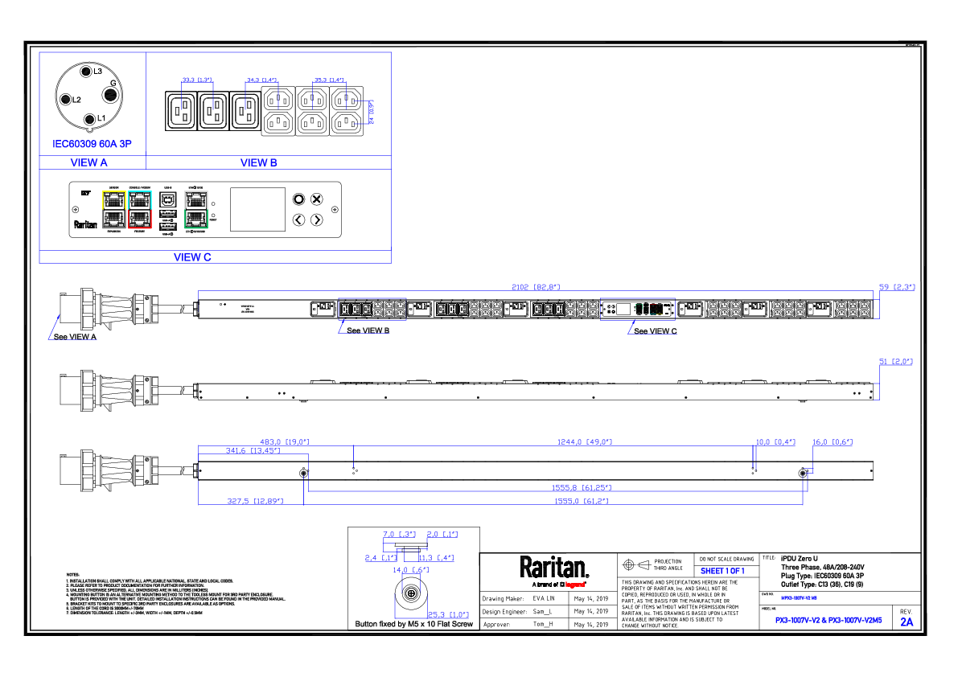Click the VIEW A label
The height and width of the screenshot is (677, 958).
pos(88,163)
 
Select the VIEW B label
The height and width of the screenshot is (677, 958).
pos(259,163)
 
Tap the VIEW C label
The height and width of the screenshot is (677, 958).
pos(192,258)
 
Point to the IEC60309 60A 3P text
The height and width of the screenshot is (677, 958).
pos(92,145)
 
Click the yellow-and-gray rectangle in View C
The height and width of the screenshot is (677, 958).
pos(114,210)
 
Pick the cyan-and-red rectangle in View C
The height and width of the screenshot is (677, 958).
pos(140,210)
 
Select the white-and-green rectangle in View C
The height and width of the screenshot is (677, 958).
pos(196,210)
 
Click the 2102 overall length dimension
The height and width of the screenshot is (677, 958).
pos(536,287)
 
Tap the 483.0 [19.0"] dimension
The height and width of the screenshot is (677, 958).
pos(284,442)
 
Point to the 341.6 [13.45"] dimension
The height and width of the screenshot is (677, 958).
pos(253,451)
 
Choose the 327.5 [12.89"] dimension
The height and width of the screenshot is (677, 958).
pos(255,502)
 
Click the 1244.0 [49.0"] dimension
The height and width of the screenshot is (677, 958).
pos(585,442)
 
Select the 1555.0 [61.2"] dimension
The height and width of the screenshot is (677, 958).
pos(581,502)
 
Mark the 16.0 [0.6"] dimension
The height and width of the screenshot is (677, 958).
pos(832,442)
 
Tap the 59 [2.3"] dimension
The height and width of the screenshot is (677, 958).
pos(897,287)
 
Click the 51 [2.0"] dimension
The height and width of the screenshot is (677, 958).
pos(896,362)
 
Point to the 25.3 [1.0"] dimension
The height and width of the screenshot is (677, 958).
pos(447,615)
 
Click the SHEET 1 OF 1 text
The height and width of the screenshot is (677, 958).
pos(722,571)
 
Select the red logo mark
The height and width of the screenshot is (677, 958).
pos(575,585)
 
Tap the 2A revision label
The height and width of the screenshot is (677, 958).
pos(907,622)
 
